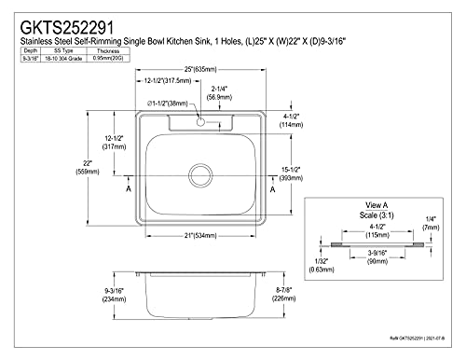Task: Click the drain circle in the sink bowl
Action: tap(199, 175)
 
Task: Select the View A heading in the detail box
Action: tap(378, 203)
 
